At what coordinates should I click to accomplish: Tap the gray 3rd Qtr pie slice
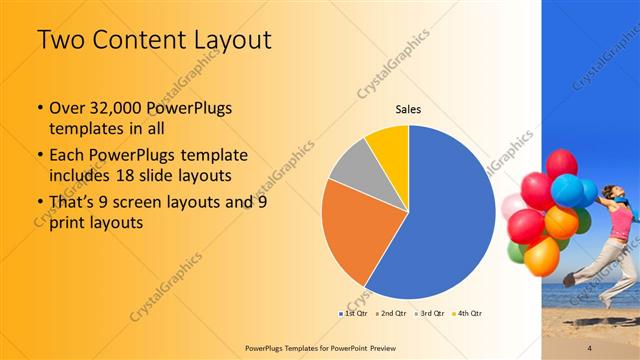pyautogui.click(x=350, y=165)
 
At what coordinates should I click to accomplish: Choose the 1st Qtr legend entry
pyautogui.click(x=354, y=314)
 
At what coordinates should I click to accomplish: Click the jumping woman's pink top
pyautogui.click(x=621, y=225)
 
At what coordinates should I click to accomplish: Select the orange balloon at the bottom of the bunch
pyautogui.click(x=542, y=258)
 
